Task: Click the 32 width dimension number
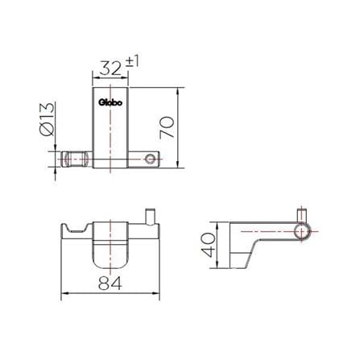click(x=110, y=68)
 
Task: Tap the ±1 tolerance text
click(x=132, y=62)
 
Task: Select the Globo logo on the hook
click(x=110, y=102)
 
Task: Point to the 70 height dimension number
click(x=167, y=127)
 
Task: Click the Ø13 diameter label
click(x=47, y=119)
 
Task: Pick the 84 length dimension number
click(x=110, y=283)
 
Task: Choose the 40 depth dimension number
click(x=209, y=245)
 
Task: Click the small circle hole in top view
click(x=150, y=159)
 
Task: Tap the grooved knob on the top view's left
click(x=76, y=159)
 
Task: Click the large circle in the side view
click(x=303, y=231)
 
